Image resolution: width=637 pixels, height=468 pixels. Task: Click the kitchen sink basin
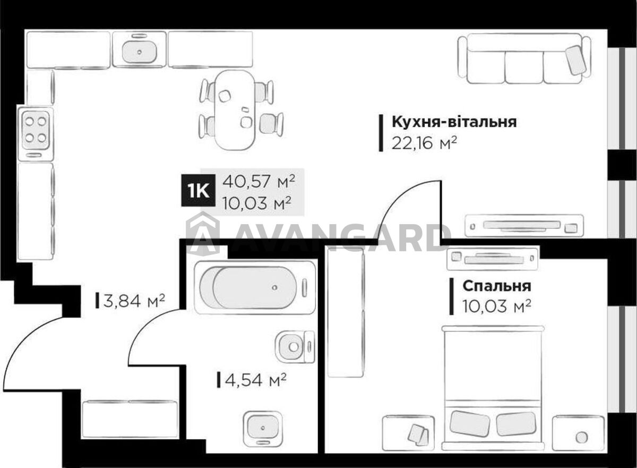[139, 52]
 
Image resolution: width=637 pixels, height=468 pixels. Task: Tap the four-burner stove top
[36, 130]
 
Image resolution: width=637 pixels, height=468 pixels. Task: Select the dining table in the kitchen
[234, 110]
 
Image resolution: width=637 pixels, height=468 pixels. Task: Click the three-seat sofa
[524, 59]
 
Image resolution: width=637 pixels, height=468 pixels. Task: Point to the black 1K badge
[198, 190]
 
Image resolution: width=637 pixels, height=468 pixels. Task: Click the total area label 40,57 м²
[259, 181]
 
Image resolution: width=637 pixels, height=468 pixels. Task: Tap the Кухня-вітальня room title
[454, 122]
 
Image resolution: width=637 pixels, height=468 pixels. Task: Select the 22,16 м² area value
[424, 143]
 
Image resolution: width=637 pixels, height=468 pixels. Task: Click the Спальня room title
[497, 286]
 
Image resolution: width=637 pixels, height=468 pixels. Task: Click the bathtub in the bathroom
[255, 287]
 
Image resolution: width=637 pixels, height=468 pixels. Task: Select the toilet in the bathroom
[295, 346]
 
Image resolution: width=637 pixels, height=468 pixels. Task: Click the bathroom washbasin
[262, 428]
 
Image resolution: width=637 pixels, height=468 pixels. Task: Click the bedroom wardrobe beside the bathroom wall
[346, 313]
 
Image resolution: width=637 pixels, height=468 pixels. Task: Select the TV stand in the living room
[524, 226]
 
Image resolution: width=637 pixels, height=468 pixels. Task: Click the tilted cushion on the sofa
[575, 60]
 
